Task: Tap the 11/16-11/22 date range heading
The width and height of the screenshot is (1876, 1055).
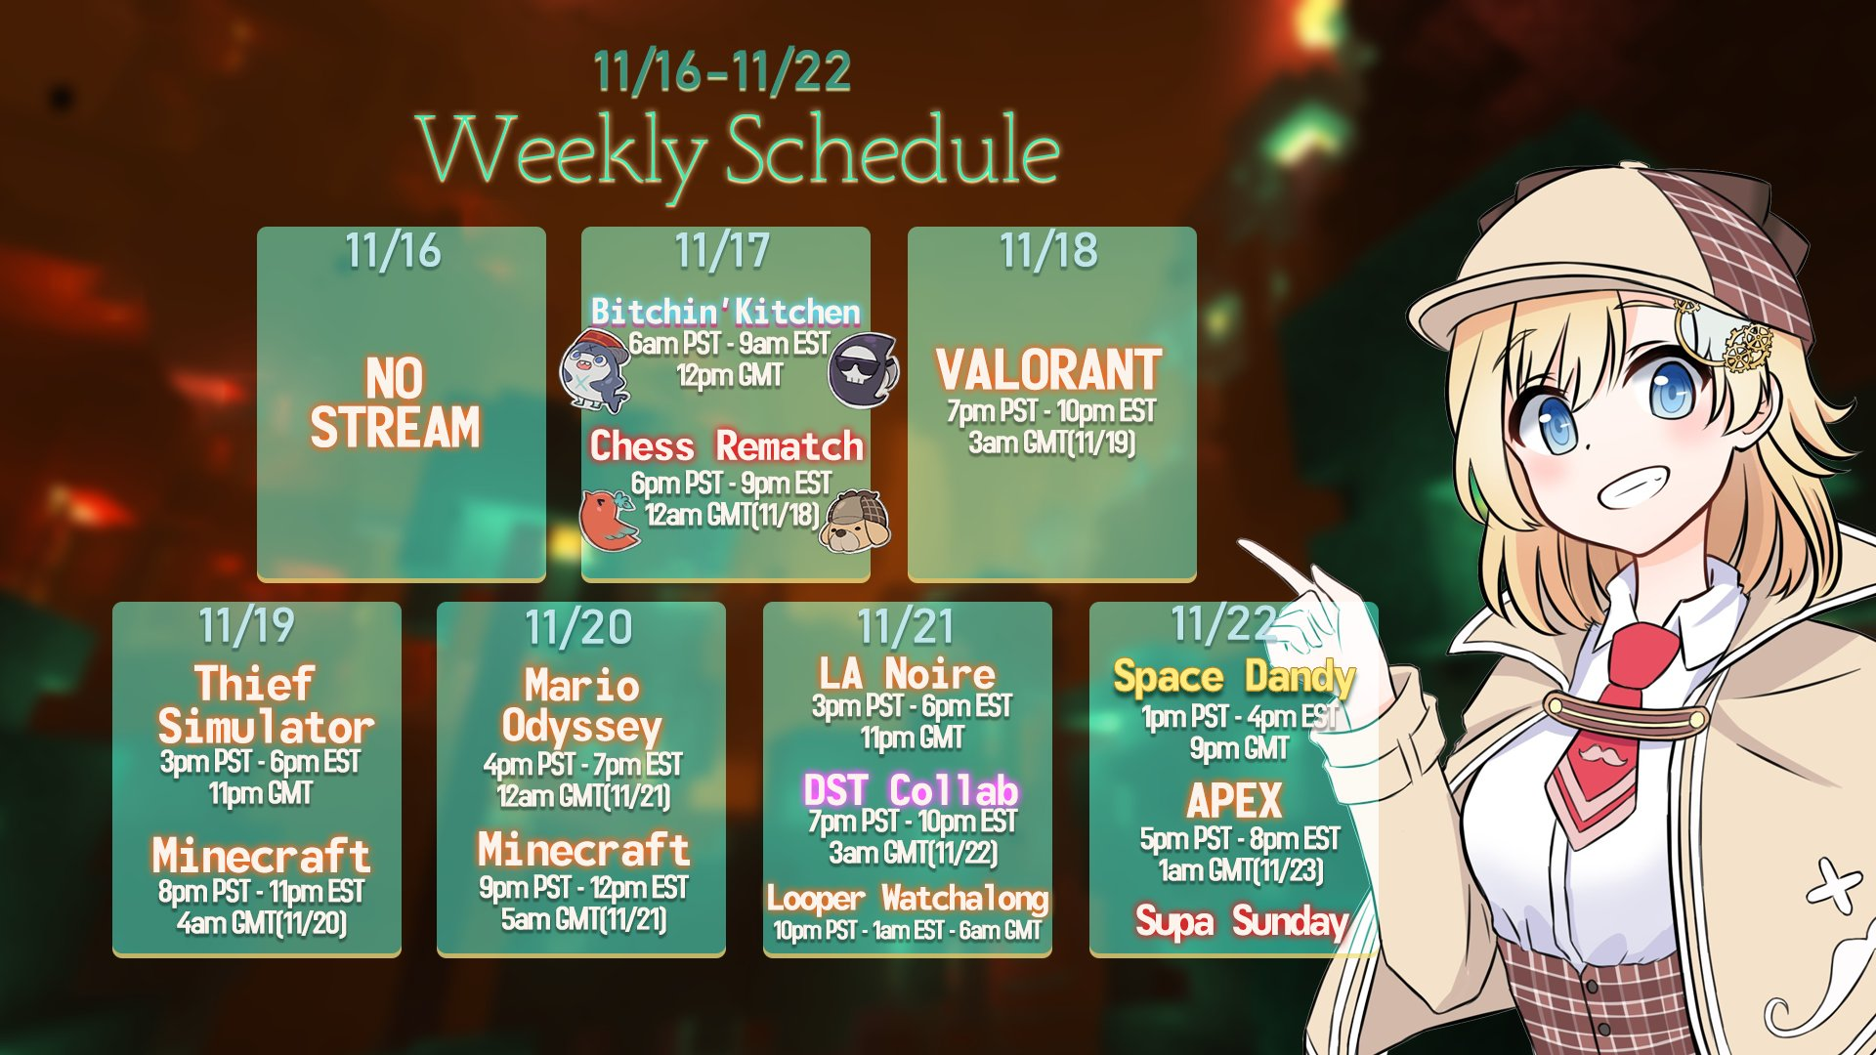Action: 722,71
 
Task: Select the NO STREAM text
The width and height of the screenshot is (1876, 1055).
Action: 395,402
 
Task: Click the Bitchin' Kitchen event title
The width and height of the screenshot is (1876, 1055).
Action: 725,311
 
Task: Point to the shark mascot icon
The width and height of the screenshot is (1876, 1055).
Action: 596,371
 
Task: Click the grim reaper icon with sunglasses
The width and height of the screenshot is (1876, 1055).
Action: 863,368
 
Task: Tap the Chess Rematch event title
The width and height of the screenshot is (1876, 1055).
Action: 726,445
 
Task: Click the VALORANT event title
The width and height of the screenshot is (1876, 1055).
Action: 1049,369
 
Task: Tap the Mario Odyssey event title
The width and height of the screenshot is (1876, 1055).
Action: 582,705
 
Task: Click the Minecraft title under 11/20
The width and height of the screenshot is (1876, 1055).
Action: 583,849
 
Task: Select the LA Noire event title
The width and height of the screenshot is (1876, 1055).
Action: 908,673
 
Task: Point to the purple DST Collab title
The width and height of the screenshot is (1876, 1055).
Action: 911,789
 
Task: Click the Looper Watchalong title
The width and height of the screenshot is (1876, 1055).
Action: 908,898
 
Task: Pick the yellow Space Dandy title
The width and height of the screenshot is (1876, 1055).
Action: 1234,677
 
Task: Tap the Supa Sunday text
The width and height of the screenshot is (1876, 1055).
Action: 1242,920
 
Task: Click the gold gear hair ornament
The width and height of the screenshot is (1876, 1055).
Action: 1747,347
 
